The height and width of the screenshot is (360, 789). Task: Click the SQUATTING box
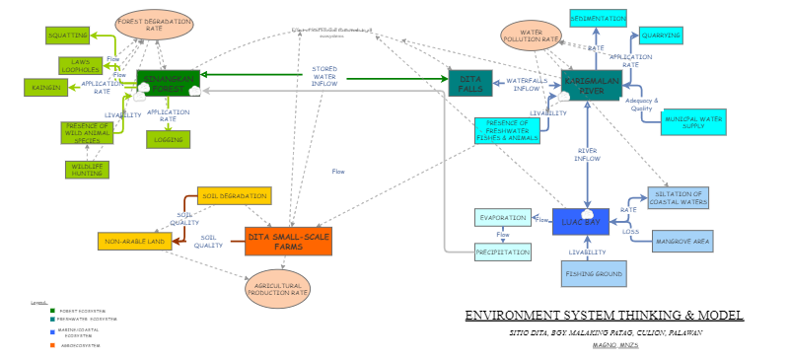tap(67, 36)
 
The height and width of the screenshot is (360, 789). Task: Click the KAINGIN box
tap(51, 88)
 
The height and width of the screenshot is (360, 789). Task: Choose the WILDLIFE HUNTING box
tap(86, 169)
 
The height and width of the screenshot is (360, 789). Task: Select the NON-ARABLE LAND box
tap(134, 241)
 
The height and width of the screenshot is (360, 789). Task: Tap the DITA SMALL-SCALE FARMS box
tap(288, 241)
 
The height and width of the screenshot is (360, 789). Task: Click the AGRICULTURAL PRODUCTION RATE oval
tap(276, 288)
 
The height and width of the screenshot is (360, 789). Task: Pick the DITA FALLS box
tap(470, 84)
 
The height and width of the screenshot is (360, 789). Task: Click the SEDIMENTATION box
tap(598, 18)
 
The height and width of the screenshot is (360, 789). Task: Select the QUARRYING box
tap(660, 36)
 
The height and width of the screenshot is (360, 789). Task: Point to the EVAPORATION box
tap(502, 218)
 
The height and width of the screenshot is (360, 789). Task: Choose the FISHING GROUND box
tap(595, 273)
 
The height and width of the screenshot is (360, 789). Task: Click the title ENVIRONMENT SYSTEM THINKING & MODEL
tap(604, 316)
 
